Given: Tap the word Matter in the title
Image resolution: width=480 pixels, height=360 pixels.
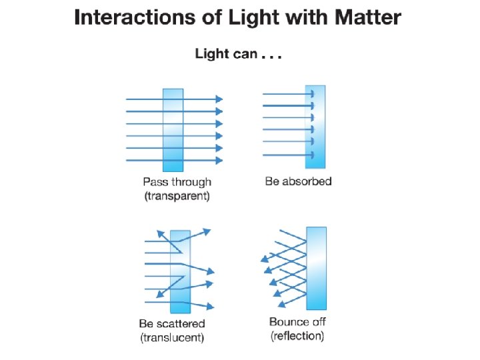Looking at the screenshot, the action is pos(367,18).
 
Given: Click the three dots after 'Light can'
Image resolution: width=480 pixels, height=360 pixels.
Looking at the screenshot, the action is pos(272,57).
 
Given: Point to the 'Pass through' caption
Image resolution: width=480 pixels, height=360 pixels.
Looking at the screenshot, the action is pos(177,181).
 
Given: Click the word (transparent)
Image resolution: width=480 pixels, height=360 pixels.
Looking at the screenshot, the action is pos(177,196).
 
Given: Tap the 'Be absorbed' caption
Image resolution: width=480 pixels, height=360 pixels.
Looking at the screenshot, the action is pos(298,181).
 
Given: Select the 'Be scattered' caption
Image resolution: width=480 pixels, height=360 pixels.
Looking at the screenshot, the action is pos(172,323).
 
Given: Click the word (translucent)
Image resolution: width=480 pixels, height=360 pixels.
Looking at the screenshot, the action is pos(172,338).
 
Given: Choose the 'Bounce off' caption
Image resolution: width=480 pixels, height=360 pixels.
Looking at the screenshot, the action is pos(298,322).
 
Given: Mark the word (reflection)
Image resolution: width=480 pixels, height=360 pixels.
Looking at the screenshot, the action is pos(298,336).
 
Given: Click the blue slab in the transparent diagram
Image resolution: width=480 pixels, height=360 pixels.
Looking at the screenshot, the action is pos(173,129).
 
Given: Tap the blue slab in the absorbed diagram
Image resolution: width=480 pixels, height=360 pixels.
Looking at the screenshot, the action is pos(315,127).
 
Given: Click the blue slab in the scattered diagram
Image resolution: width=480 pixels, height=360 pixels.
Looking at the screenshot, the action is pos(180,271).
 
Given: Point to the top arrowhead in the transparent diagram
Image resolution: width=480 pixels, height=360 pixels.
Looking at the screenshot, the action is pos(219,99).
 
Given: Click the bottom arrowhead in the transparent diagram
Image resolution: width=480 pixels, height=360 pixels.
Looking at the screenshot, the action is pos(219,160).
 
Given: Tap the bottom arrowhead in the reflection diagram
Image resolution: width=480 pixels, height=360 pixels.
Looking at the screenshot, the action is pos(281,305).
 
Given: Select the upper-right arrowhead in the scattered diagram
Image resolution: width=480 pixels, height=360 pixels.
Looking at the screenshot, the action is pos(207,231).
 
